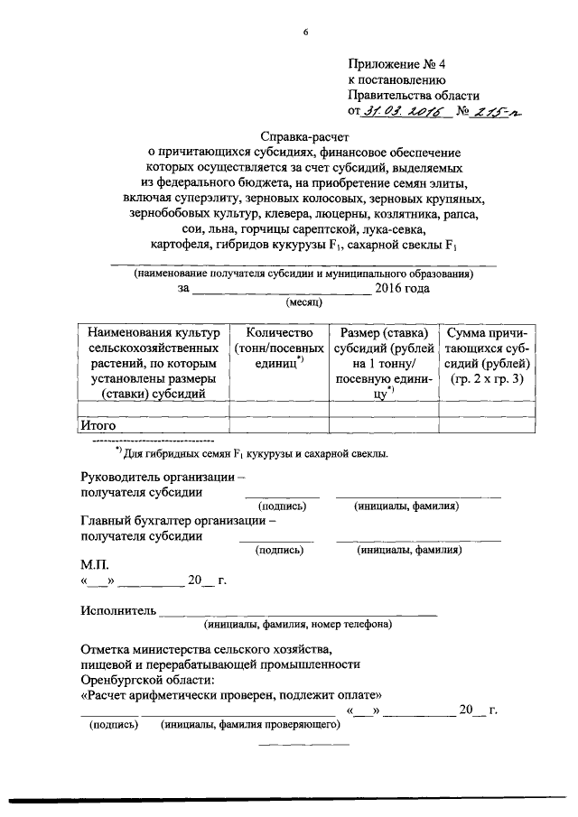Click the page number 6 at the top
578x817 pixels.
(306, 32)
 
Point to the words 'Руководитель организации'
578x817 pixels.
(163, 477)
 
